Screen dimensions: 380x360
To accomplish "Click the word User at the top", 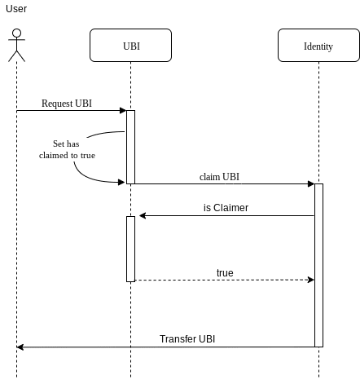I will tap(16, 8).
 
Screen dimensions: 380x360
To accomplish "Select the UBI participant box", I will tap(130, 46).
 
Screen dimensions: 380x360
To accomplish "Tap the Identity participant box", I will tap(318, 46).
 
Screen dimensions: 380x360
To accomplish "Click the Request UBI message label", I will tap(66, 104).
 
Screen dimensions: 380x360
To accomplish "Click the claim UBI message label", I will tap(219, 176).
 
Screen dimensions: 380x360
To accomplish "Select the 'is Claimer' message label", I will tap(226, 208).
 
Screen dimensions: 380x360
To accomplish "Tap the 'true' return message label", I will tap(225, 272).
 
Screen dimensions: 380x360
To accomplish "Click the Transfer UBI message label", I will tap(187, 338).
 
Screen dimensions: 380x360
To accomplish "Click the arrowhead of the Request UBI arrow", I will tap(122, 111).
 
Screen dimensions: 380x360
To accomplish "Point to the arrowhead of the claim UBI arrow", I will tap(310, 184).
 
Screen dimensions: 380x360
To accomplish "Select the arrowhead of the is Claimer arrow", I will tap(143, 216).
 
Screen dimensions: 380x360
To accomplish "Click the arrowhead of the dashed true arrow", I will tap(310, 280).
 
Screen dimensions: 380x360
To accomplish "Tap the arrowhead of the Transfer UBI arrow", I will tap(20, 347).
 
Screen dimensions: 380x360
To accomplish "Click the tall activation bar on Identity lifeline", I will tap(318, 265).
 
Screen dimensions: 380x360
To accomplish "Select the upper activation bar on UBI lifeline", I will tap(130, 147).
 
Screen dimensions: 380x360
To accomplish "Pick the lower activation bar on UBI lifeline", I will tap(130, 249).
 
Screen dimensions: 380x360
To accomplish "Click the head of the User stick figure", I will tap(16, 34).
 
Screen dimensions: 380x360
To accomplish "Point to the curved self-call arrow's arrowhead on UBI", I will tap(122, 182).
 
